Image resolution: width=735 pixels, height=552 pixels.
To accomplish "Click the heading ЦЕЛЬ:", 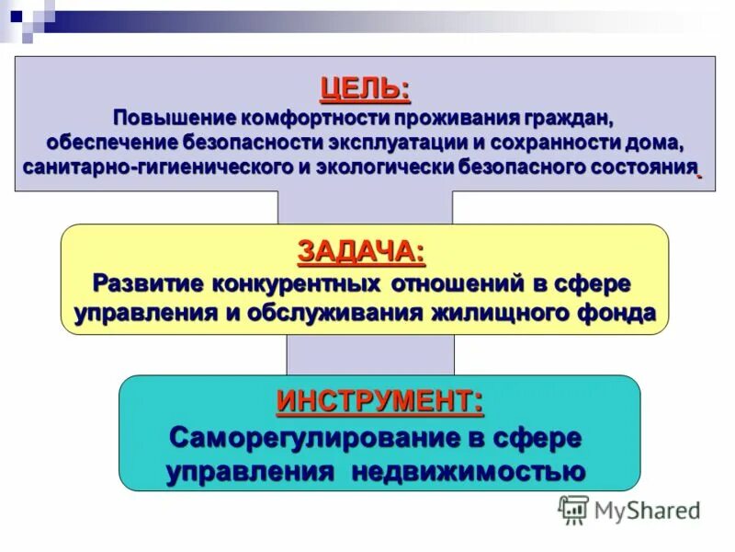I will coord(365,89).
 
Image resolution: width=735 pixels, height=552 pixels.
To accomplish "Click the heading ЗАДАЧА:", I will coord(362,250).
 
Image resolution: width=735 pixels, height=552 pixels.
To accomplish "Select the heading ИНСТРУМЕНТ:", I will coord(379,401).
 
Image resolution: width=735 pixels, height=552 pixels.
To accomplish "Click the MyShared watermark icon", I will coord(574,510).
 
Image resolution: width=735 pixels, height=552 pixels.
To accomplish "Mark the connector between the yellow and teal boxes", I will coord(370,354).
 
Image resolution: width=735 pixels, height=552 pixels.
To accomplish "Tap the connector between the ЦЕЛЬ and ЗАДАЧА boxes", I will coord(365,207).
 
